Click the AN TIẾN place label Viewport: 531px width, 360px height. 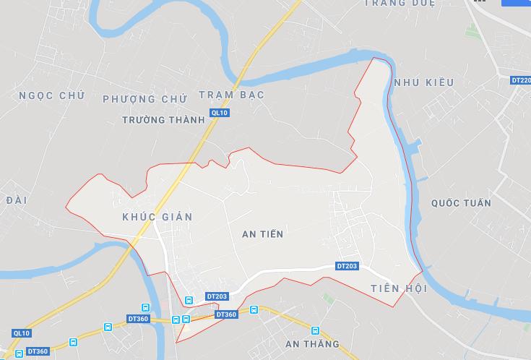pos(263,234)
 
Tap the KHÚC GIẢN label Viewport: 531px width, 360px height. pos(157,217)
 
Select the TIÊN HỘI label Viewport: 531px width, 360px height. pos(399,289)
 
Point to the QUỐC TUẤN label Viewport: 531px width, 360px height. pos(461,203)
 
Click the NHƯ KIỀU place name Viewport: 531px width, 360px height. pos(424,82)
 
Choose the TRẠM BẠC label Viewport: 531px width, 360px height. pos(231,95)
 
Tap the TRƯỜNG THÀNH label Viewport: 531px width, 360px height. pos(164,120)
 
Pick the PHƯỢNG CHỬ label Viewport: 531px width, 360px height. pos(145,98)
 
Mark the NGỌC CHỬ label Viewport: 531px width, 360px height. pos(52,95)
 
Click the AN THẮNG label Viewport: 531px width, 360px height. pos(312,343)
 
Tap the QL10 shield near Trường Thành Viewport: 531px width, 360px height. pos(219,113)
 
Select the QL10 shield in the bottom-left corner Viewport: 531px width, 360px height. pos(22,333)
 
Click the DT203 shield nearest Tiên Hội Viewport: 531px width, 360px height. pos(347,266)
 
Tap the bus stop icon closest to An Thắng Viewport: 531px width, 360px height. pos(254,310)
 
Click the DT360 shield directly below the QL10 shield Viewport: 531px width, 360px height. pos(38,351)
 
